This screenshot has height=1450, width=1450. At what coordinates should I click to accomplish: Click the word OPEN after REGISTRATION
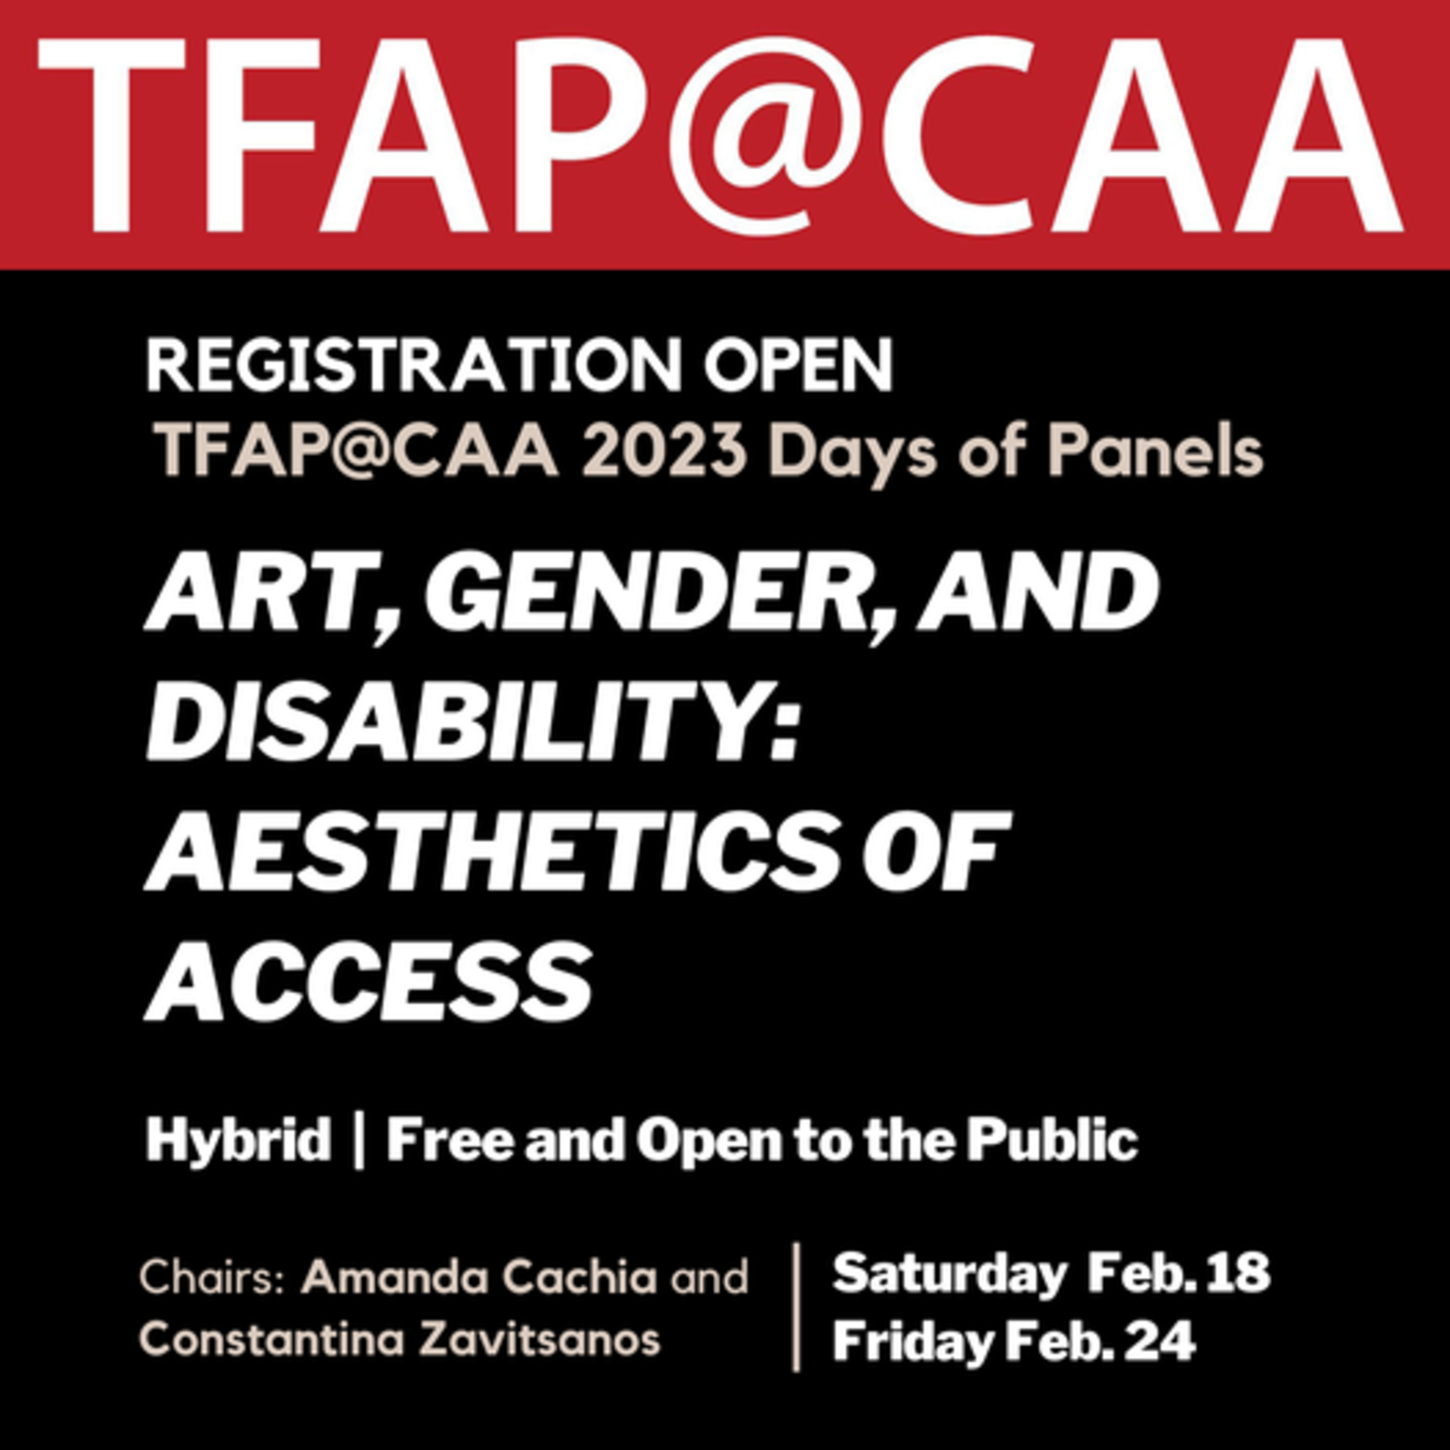(x=798, y=365)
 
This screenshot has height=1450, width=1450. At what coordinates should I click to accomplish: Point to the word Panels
(x=1156, y=452)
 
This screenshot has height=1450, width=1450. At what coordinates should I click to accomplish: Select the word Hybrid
(x=238, y=1140)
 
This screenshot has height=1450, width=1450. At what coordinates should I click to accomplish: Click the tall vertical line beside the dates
(x=796, y=1307)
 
